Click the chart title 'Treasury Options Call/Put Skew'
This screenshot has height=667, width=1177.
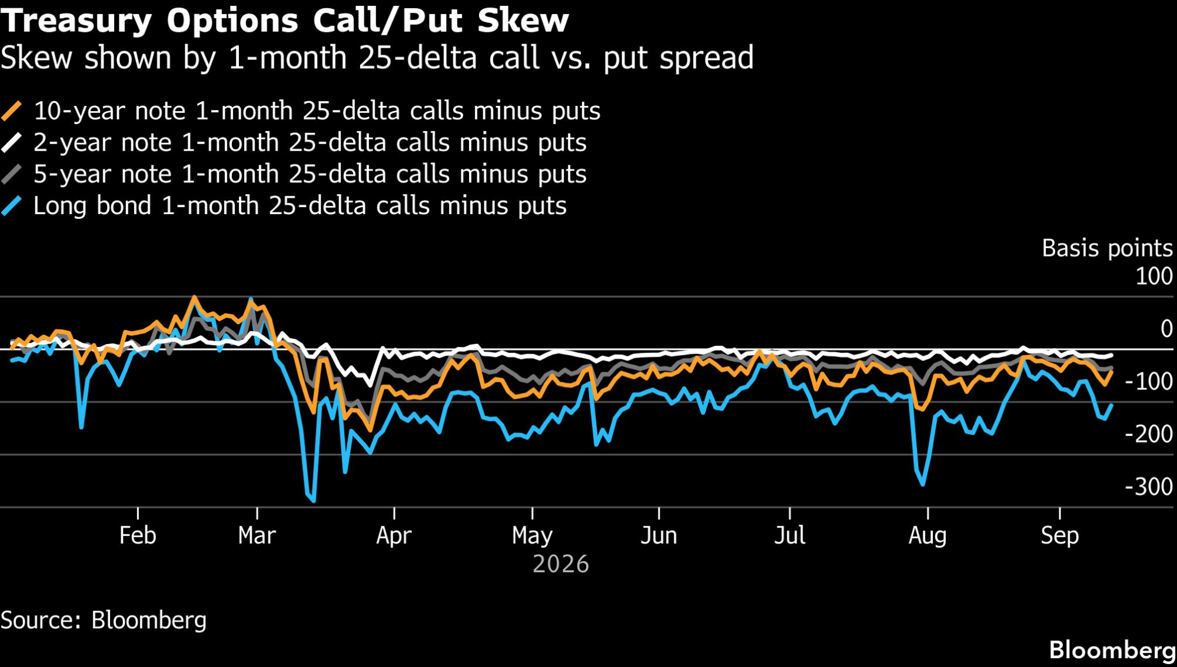click(285, 21)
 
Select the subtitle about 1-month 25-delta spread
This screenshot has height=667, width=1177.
click(377, 58)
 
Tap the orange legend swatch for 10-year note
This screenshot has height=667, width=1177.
click(12, 111)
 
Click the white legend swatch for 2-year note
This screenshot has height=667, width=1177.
click(12, 142)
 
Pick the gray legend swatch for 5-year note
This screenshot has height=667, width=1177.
click(12, 174)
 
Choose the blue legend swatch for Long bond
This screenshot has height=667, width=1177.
click(12, 206)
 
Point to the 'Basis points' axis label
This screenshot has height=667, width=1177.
click(1107, 248)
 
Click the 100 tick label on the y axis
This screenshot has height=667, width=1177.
click(1154, 276)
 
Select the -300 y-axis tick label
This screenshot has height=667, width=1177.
click(1149, 487)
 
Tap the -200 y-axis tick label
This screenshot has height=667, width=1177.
click(1149, 434)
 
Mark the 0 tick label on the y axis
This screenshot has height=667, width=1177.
click(1166, 329)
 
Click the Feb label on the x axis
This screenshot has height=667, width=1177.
click(138, 536)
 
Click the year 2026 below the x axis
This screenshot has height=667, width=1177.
click(561, 564)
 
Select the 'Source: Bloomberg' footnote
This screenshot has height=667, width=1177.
click(104, 621)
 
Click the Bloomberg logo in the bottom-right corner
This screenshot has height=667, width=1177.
click(1112, 651)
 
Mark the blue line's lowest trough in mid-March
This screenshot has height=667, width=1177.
click(314, 501)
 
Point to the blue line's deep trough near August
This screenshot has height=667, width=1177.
click(923, 485)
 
